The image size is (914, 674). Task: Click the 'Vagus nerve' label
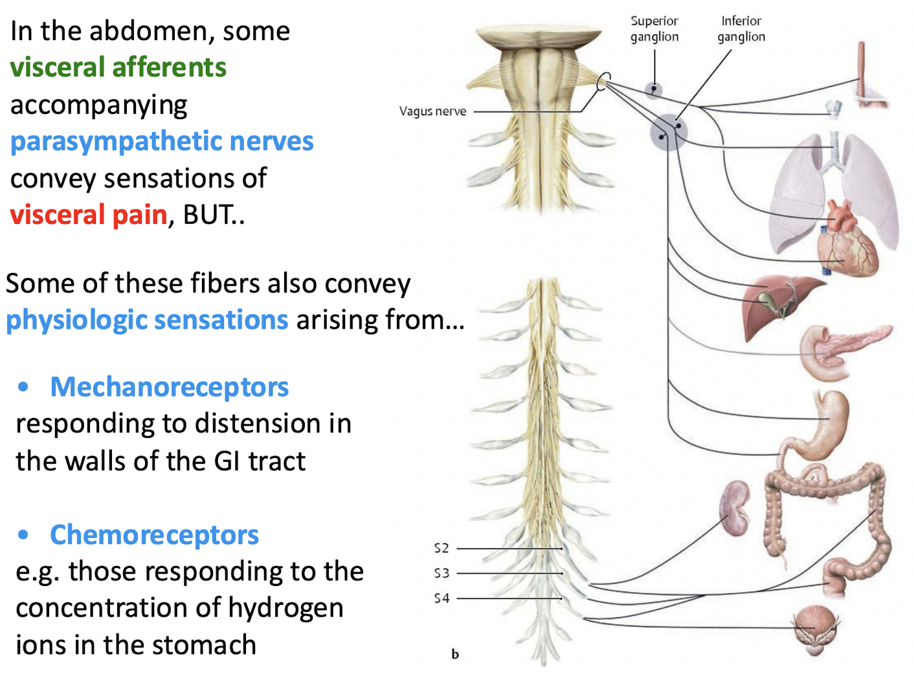tap(432, 111)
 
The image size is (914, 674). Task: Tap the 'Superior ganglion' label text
tap(654, 29)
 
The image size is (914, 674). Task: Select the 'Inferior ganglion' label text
tap(741, 29)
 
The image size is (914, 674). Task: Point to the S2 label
tap(441, 549)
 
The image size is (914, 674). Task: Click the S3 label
tap(441, 574)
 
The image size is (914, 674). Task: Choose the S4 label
tap(441, 599)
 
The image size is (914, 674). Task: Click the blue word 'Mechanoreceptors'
tap(169, 387)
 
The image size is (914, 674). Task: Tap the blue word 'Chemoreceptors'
tap(154, 535)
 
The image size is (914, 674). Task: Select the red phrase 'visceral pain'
tap(89, 215)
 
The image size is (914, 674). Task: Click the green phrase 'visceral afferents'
tap(118, 67)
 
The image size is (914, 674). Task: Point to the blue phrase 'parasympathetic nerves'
tap(162, 141)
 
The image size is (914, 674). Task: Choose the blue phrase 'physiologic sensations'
tap(147, 320)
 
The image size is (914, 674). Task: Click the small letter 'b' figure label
tap(455, 654)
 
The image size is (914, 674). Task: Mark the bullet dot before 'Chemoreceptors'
tap(23, 535)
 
